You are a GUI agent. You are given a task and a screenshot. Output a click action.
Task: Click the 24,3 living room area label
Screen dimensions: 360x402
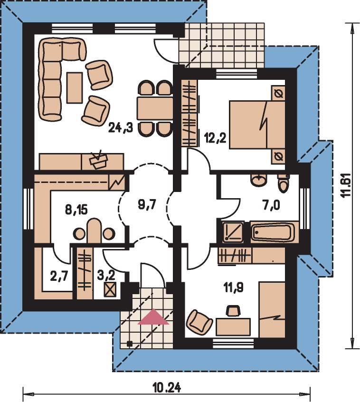pos(121,127)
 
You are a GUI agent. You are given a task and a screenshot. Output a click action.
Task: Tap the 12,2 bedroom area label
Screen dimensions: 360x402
pos(215,138)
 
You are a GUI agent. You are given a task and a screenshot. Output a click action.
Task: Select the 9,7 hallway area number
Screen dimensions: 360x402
pos(147,205)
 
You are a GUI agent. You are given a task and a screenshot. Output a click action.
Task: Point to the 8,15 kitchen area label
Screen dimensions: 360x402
pos(76,210)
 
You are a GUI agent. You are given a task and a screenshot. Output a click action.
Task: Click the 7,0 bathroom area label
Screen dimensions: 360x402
pos(271,205)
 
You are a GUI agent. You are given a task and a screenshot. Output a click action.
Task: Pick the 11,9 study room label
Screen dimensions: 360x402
pos(234,287)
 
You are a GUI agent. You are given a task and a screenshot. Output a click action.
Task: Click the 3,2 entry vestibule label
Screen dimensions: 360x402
pos(106,276)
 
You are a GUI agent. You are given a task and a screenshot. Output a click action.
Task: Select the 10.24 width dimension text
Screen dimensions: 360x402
pos(167,388)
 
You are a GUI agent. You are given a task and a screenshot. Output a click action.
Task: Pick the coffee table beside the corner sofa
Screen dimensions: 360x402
pos(75,88)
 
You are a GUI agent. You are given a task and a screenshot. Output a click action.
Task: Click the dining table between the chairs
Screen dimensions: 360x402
pos(155,108)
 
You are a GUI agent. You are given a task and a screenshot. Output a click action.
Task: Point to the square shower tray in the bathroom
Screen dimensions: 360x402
pos(233,232)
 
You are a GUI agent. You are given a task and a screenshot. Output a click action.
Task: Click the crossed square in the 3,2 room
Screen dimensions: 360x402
pos(110,290)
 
